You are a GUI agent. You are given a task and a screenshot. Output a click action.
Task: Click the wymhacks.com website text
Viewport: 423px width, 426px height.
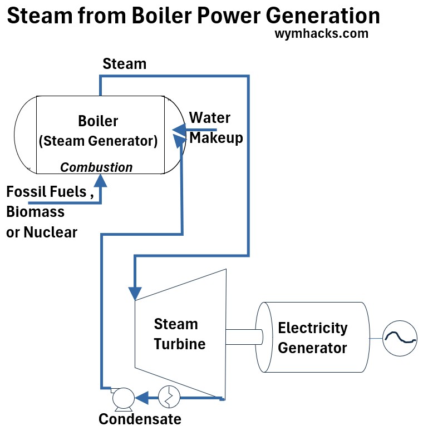(321, 33)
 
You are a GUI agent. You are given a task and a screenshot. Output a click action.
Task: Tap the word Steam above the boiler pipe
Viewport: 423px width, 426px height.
(125, 64)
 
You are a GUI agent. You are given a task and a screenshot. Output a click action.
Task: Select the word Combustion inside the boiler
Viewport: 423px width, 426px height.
(96, 167)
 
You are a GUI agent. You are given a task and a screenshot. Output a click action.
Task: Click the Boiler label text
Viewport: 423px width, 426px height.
(98, 121)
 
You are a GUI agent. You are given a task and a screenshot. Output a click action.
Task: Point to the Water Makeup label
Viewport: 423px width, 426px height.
(215, 127)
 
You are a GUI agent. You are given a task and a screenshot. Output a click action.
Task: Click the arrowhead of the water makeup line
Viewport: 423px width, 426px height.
(179, 130)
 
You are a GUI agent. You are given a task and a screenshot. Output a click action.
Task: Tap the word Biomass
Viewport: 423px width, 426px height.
(35, 212)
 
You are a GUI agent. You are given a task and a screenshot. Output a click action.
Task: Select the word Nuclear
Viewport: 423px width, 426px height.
(50, 232)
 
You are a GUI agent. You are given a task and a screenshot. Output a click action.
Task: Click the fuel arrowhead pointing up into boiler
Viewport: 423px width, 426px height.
(101, 180)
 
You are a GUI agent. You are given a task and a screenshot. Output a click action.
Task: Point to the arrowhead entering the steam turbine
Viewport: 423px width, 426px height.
(135, 293)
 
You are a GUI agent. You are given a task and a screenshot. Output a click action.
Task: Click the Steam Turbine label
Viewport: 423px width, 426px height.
(179, 334)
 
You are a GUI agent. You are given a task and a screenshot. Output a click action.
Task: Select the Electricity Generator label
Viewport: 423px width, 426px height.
(312, 338)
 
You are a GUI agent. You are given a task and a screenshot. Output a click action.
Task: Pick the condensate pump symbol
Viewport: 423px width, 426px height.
(122, 397)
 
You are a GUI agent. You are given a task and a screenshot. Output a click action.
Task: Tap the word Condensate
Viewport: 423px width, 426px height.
(140, 418)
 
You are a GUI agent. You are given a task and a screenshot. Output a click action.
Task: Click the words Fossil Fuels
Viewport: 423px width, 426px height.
(46, 192)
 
